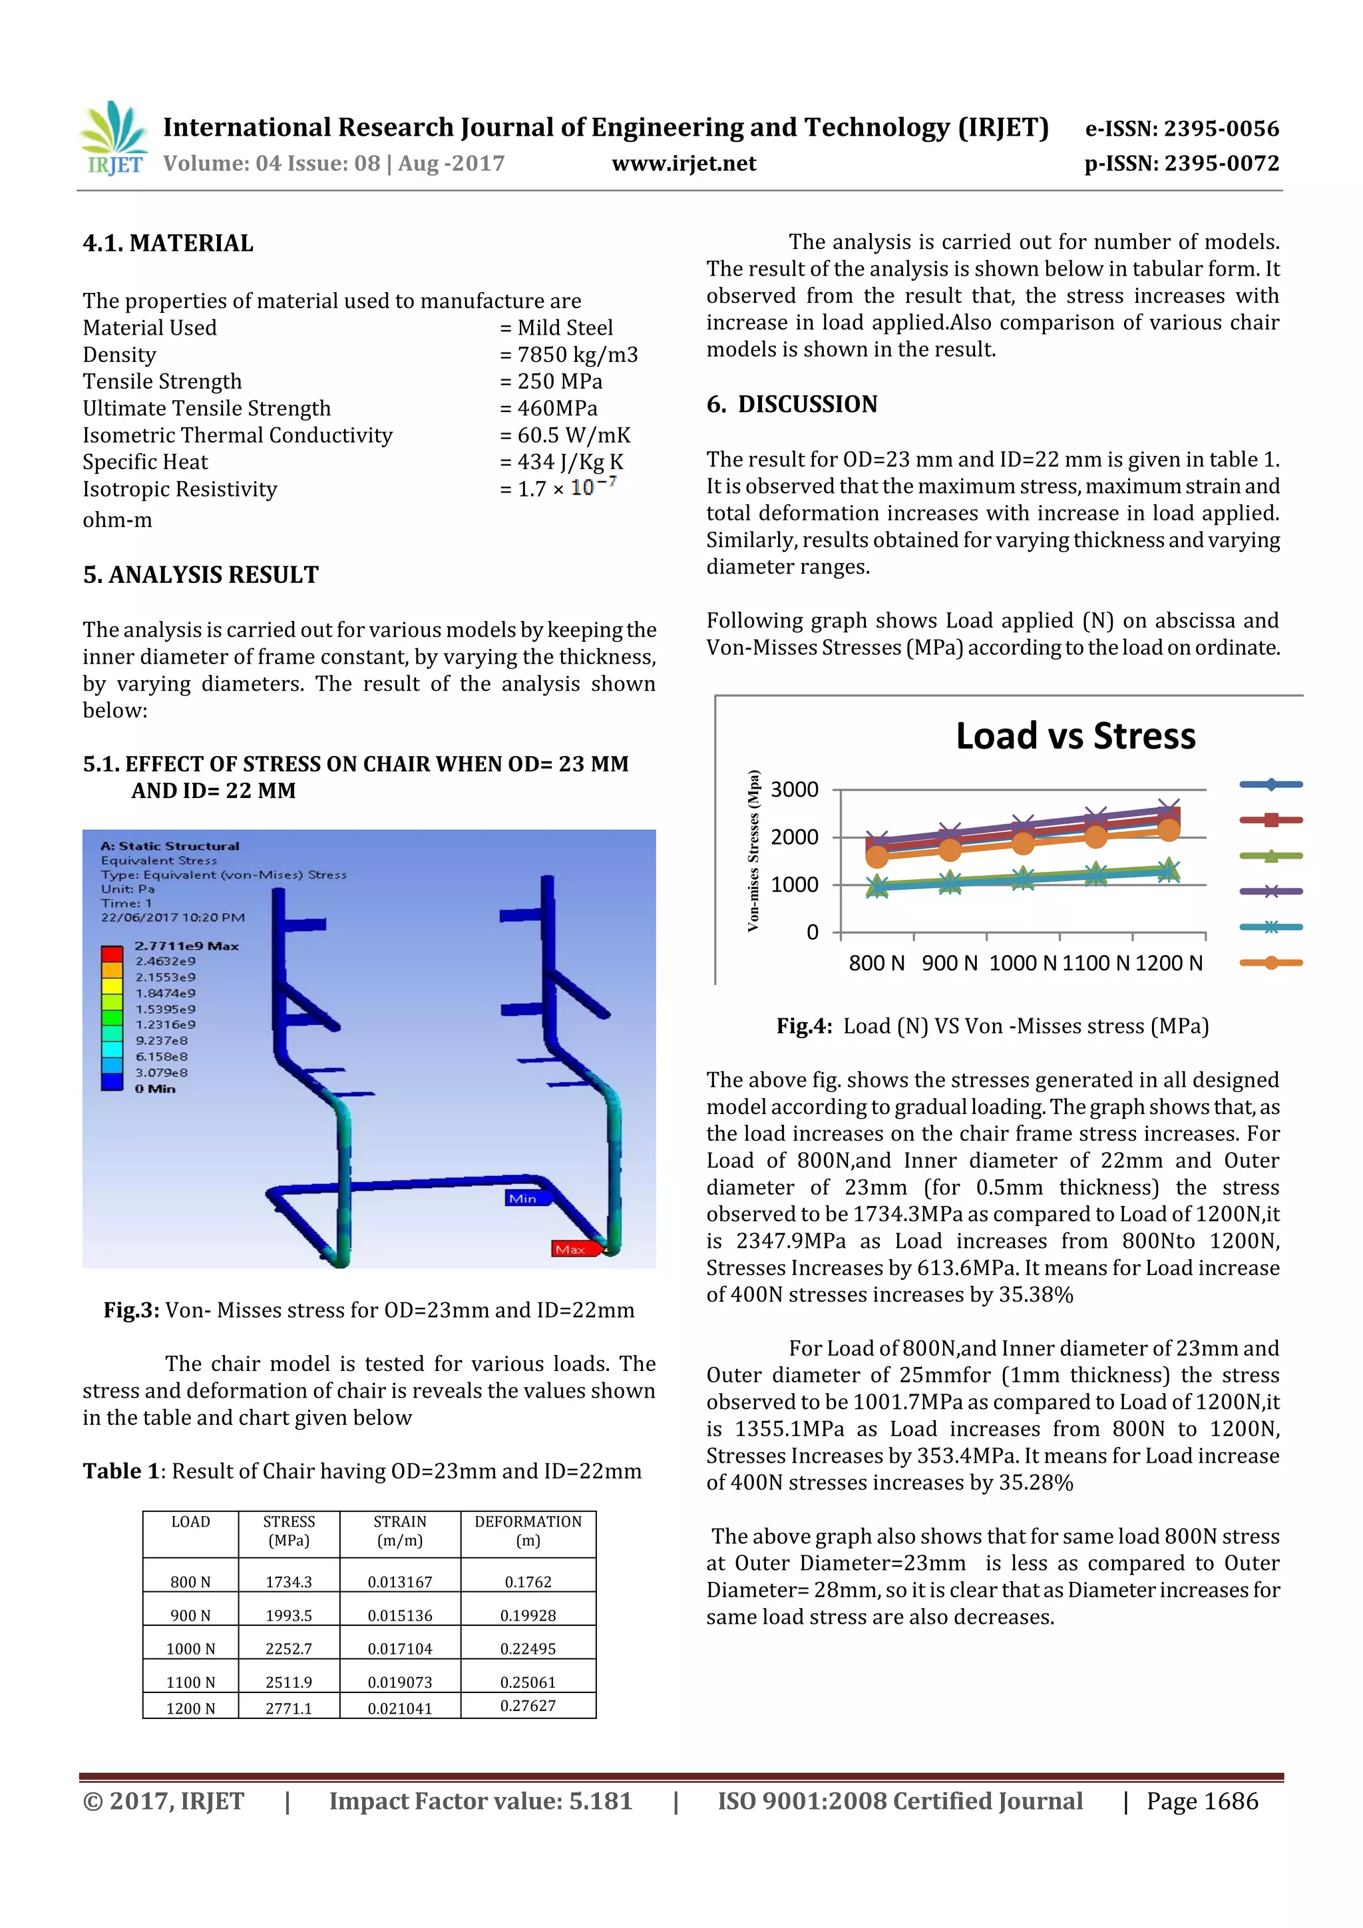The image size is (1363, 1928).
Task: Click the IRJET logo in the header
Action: coord(113,138)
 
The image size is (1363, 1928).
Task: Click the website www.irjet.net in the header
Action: coord(683,163)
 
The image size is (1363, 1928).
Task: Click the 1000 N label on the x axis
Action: coord(1022,963)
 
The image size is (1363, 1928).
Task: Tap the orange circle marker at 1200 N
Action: coord(1168,830)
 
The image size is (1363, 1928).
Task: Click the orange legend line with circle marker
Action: coord(1270,963)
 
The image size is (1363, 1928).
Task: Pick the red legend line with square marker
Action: coord(1270,819)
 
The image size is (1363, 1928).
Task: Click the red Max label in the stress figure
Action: coord(571,1249)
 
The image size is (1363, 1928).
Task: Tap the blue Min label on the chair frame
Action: coord(523,1199)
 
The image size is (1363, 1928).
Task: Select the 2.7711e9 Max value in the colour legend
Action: coord(186,946)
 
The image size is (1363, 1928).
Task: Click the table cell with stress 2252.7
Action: coord(288,1648)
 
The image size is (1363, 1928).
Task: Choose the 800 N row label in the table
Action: coord(190,1582)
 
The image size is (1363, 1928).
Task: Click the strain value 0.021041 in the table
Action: coord(400,1709)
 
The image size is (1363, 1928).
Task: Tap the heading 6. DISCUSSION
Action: coord(791,405)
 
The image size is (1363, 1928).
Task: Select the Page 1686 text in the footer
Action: coord(1202,1801)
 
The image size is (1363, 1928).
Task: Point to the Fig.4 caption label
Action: coord(804,1026)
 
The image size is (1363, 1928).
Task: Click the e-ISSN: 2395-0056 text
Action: coord(1181,128)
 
